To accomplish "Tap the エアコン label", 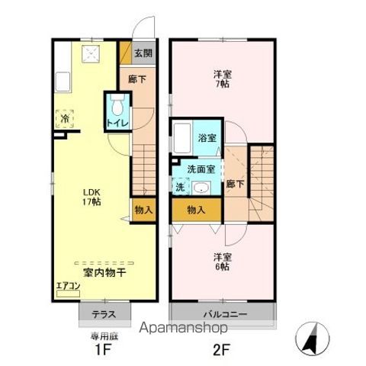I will click(x=67, y=288).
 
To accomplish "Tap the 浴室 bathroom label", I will click(x=207, y=138).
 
